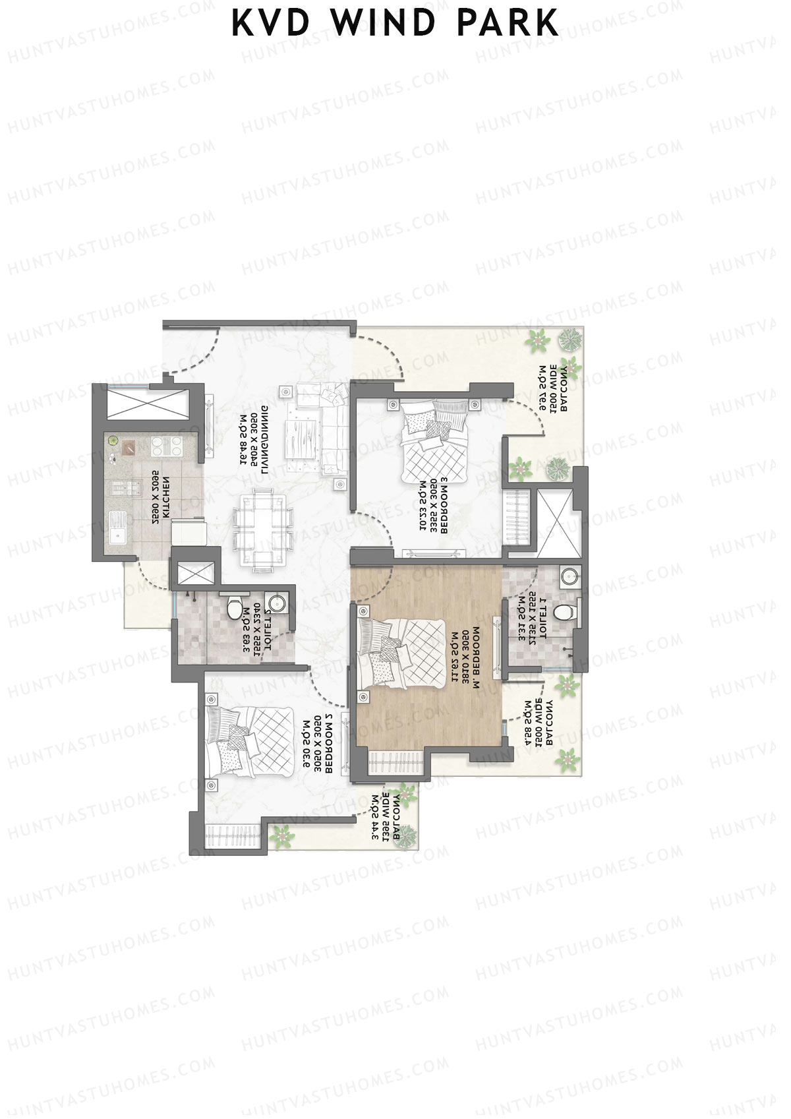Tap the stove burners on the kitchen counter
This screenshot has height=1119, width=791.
tap(167, 446)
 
